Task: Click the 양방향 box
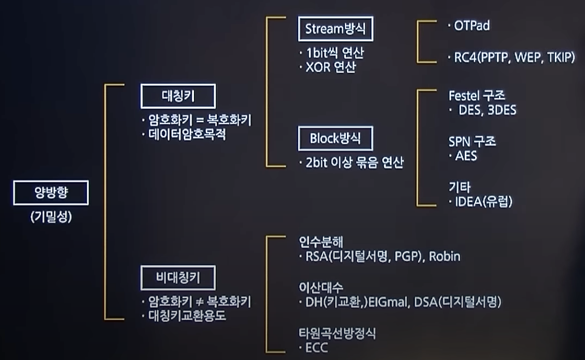[51, 193]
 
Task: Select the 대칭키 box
[178, 96]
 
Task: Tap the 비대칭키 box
[178, 279]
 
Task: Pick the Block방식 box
[335, 138]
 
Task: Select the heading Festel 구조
[477, 96]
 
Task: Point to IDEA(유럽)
[482, 202]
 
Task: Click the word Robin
[444, 256]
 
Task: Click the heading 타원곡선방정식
[337, 333]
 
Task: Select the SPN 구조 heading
[472, 142]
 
